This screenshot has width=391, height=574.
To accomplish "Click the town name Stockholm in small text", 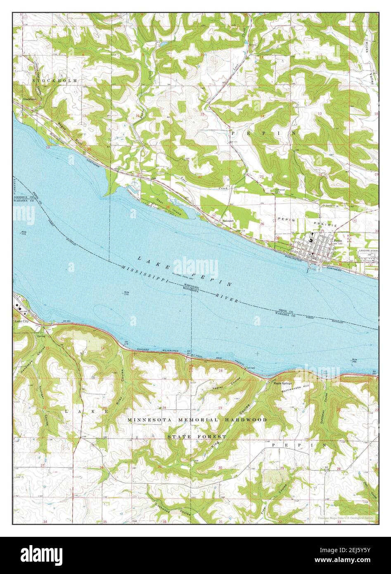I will (30, 100).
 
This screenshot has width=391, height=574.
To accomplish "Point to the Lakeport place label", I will (228, 221).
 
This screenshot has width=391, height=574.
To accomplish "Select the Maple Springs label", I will (283, 383).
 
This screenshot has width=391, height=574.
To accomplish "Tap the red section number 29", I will (282, 468).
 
